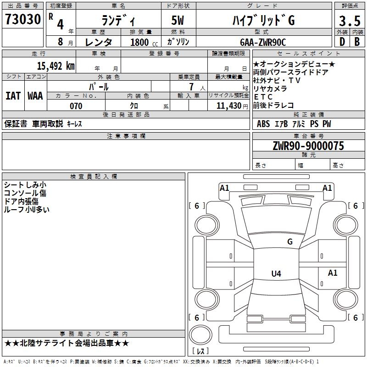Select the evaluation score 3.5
coord(349,21)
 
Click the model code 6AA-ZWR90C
coord(263,42)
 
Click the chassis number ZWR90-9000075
coord(308,146)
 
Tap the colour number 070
coord(76,106)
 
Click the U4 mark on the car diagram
coord(276,274)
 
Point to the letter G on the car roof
coord(289,241)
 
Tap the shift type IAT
coord(13,96)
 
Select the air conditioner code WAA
coord(35,96)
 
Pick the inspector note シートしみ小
coord(25,185)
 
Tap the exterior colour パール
coord(99,86)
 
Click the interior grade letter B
coord(357,42)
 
